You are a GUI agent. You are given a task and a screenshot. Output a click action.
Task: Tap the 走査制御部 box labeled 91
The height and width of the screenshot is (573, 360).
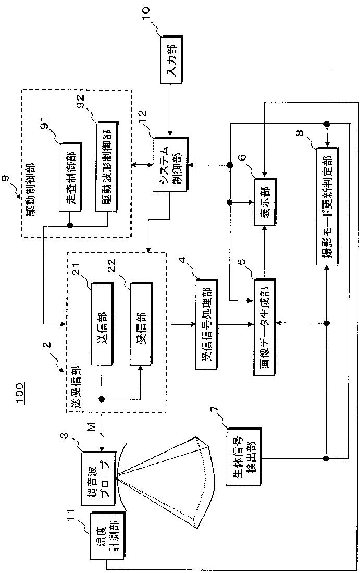[70, 177]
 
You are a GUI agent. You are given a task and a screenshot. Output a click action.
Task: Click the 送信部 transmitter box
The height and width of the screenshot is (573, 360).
[103, 324]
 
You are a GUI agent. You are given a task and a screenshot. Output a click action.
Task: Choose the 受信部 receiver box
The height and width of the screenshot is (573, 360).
[141, 324]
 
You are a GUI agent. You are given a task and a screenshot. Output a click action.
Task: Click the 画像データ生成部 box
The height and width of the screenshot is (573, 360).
[264, 327]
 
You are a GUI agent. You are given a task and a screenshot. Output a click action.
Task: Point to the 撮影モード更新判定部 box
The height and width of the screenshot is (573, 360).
[328, 206]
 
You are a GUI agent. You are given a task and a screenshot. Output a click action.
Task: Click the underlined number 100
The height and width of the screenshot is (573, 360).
[20, 393]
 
